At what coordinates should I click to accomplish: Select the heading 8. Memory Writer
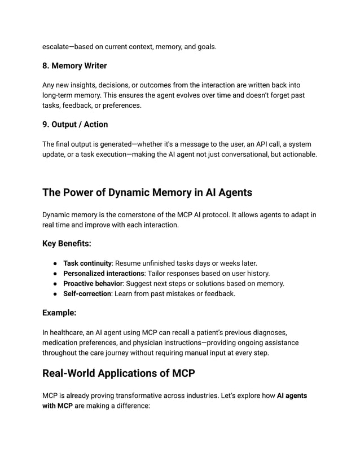coord(74,66)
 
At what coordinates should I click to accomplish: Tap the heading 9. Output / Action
coord(75,124)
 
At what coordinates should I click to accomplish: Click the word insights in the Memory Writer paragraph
coord(82,85)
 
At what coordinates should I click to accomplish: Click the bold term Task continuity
coord(87,263)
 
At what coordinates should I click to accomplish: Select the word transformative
coord(128,395)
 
